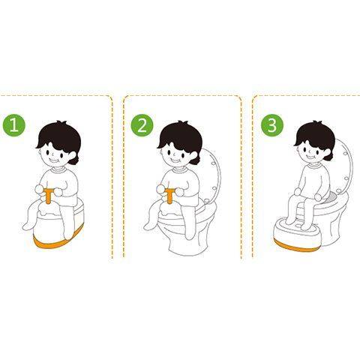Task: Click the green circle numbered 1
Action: pos(14,125)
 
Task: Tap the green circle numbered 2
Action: pos(142,125)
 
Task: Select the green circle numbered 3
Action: pos(272,125)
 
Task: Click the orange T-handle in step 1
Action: pos(49,196)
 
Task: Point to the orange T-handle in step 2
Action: pos(170,196)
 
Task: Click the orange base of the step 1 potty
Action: pos(58,239)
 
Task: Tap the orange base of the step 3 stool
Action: pos(294,245)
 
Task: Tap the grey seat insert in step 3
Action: pos(334,197)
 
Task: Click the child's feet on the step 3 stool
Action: pos(298,223)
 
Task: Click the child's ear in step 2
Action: pos(194,156)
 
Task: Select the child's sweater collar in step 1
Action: pos(58,169)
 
